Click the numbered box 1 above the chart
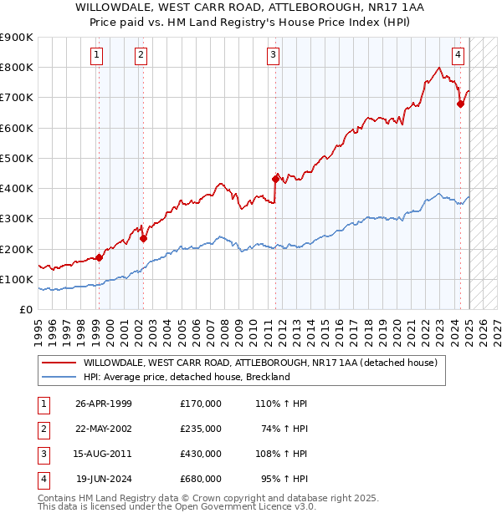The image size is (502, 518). tap(97, 56)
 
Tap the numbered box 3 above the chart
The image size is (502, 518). tap(274, 56)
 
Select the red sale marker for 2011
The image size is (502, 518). tap(275, 178)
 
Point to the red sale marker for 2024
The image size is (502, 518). tap(460, 104)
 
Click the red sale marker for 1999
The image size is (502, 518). tap(99, 257)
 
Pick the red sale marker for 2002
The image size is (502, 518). tap(143, 238)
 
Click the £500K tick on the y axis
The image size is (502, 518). tap(17, 158)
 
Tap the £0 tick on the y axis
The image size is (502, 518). tap(25, 309)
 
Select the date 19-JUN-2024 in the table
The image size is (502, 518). tap(104, 479)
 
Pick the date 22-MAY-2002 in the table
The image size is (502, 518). tap(104, 429)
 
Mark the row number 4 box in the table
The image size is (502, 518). tap(42, 479)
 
